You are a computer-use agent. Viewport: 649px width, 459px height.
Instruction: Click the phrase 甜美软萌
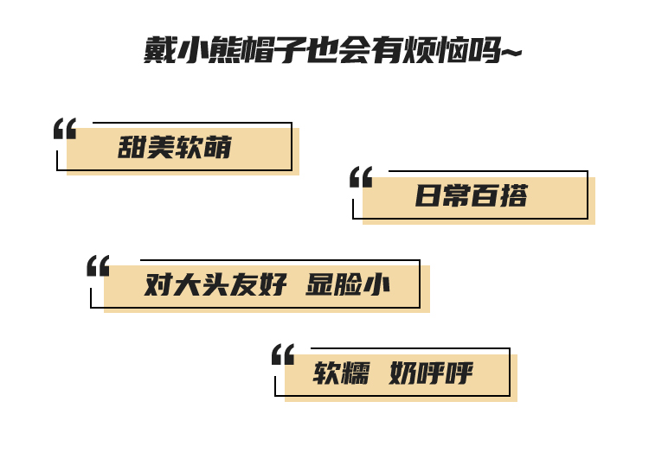(x=175, y=148)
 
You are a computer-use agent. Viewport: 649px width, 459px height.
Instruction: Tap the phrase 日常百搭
(x=471, y=196)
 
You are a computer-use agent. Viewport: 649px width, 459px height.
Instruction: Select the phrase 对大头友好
(x=215, y=284)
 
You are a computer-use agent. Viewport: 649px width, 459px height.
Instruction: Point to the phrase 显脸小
(x=348, y=284)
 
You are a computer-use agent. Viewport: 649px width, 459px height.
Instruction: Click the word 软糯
(x=340, y=373)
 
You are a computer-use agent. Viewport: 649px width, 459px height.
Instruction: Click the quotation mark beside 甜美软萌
(x=65, y=129)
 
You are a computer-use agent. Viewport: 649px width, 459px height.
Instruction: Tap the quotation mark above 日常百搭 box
(x=361, y=177)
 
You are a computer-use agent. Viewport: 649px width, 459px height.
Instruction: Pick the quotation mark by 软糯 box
(x=283, y=354)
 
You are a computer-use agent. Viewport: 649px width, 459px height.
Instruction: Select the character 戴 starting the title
(x=160, y=51)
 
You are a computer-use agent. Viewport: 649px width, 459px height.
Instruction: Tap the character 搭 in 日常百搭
(x=513, y=196)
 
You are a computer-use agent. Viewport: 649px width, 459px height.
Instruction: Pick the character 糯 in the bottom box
(x=355, y=373)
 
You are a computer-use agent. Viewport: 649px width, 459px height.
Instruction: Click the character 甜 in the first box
(x=132, y=148)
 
